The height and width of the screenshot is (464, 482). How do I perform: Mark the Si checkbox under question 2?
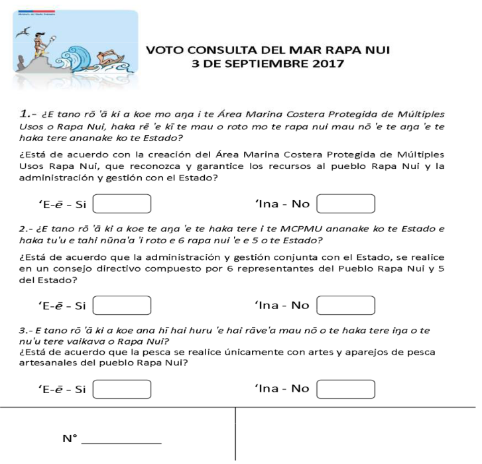click(x=123, y=306)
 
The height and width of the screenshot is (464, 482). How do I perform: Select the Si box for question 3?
click(x=123, y=389)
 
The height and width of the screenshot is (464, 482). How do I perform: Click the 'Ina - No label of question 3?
click(x=282, y=389)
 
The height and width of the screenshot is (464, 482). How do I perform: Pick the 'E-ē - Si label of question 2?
click(x=63, y=306)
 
